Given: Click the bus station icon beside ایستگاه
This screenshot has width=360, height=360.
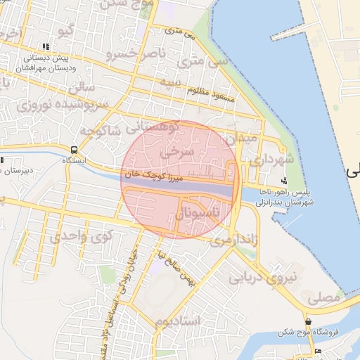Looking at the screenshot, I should pos(75,150).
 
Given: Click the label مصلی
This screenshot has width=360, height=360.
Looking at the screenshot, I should pos(322,298).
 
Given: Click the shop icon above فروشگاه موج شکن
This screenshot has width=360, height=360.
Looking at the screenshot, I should pos(308,321).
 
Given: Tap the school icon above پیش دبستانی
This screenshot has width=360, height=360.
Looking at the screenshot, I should pos(46,46).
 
